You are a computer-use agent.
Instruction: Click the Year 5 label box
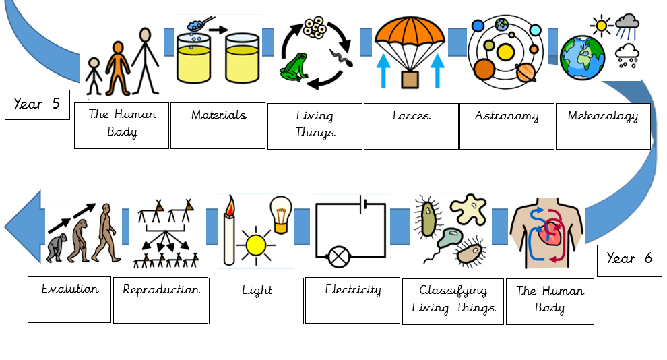click(x=38, y=104)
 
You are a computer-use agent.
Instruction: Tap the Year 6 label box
click(x=629, y=260)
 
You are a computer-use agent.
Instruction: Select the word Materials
click(x=219, y=115)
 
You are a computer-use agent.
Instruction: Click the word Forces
click(x=411, y=115)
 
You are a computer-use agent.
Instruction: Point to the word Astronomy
click(x=507, y=116)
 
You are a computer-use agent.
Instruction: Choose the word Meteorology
click(x=603, y=116)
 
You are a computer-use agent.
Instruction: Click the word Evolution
click(x=70, y=289)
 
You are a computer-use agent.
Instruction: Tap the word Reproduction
click(x=161, y=290)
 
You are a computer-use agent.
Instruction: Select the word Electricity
click(x=353, y=290)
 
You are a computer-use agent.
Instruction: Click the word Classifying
click(x=453, y=291)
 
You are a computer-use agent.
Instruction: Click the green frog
click(x=294, y=67)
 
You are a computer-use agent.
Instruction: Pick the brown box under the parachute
click(x=410, y=80)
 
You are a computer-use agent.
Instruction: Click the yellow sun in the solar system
click(x=505, y=52)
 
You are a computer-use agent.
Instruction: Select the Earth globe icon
click(x=582, y=58)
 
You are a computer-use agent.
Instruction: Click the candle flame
click(x=230, y=206)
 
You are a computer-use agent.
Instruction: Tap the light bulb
click(x=281, y=214)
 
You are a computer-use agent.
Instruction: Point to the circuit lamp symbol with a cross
click(x=339, y=257)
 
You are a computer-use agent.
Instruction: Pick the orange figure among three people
click(x=118, y=68)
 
